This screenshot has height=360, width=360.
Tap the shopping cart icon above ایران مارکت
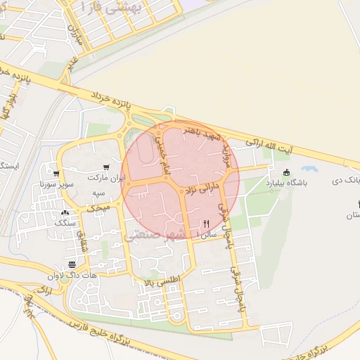click(x=105, y=167)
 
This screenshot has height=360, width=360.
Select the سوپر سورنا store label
click(x=56, y=186)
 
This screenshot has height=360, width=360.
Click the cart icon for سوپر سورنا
click(x=56, y=174)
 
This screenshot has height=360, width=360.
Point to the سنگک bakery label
click(x=65, y=223)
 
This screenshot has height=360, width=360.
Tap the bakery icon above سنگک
click(x=65, y=212)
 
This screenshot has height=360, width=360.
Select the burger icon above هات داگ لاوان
click(x=72, y=266)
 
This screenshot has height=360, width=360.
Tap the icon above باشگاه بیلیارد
click(x=285, y=173)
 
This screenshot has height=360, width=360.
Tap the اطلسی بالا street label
click(x=162, y=280)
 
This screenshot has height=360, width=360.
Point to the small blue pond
click(x=309, y=169)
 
